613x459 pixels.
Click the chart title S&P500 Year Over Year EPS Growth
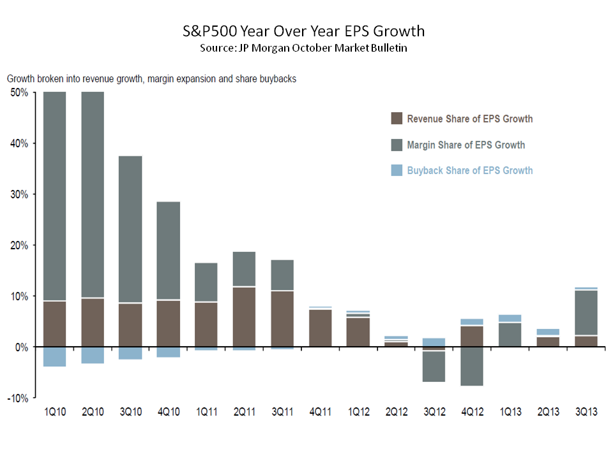tap(301, 31)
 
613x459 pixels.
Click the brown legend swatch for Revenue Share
tap(397, 119)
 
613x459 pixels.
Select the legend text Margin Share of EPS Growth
tap(466, 145)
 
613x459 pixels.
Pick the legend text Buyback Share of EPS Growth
tap(469, 170)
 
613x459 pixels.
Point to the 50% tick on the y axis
tap(20, 92)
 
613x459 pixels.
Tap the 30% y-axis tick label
tap(20, 194)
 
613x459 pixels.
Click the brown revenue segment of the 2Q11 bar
tap(245, 317)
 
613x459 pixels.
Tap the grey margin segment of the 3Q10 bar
tap(131, 229)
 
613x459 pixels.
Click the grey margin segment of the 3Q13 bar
tap(586, 312)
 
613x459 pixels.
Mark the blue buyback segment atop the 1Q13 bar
tap(510, 318)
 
